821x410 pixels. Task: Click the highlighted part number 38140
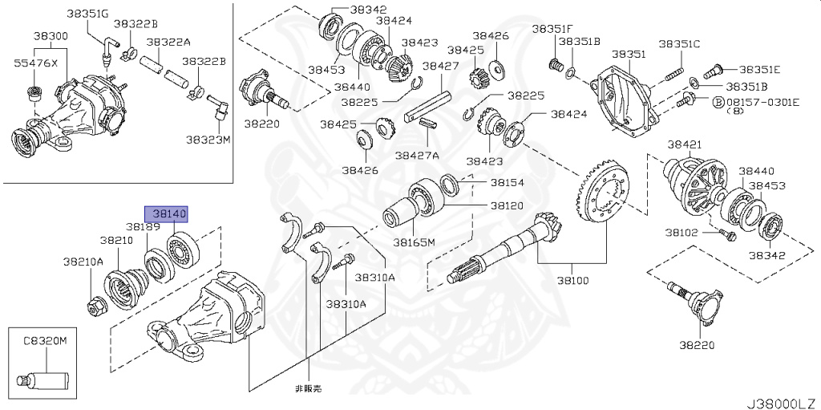coord(164,214)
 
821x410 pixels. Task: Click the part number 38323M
coord(208,139)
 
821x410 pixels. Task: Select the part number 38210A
coord(83,262)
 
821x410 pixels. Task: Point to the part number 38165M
coord(414,242)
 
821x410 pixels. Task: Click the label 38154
coord(507,183)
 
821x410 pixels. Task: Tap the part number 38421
coord(685,144)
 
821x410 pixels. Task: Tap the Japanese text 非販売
coord(307,388)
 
